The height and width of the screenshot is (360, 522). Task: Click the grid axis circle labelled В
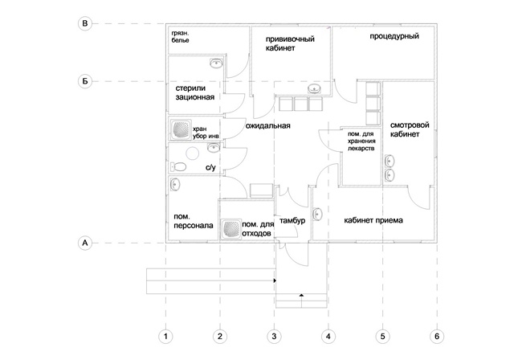pyautogui.click(x=84, y=25)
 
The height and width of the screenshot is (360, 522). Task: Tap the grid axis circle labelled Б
pyautogui.click(x=84, y=81)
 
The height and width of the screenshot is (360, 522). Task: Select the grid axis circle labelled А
pyautogui.click(x=84, y=241)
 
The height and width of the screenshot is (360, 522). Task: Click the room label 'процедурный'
pyautogui.click(x=392, y=37)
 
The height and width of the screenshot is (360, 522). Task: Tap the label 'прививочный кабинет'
pyautogui.click(x=290, y=43)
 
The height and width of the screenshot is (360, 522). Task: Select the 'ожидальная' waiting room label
pyautogui.click(x=267, y=126)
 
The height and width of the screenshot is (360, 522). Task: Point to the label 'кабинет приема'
pyautogui.click(x=373, y=220)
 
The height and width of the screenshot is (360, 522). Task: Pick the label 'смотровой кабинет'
pyautogui.click(x=406, y=131)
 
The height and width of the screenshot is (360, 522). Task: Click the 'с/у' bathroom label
pyautogui.click(x=211, y=168)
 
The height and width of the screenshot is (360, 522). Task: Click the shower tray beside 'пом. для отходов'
pyautogui.click(x=230, y=228)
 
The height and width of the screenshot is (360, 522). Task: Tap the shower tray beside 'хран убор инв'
pyautogui.click(x=181, y=130)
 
